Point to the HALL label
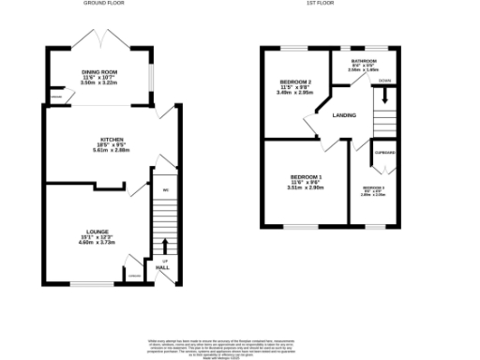[163, 268]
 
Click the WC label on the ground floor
[165, 191]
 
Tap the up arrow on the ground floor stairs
[165, 246]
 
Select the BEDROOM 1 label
[306, 177]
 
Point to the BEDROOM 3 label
[374, 188]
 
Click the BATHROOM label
[352, 60]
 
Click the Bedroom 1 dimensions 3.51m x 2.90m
[306, 187]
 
